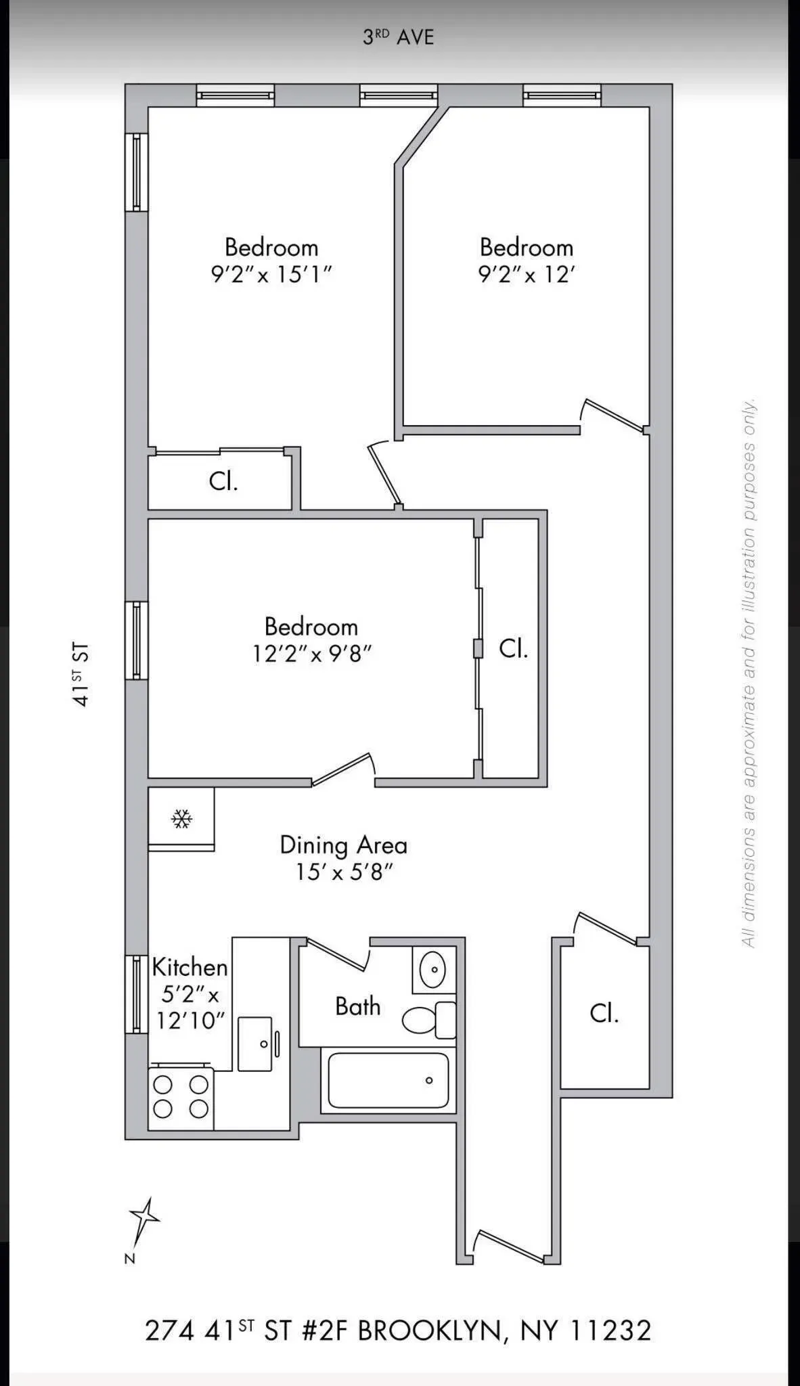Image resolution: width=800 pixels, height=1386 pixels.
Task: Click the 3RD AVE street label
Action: [398, 37]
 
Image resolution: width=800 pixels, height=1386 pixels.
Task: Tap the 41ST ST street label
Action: [81, 675]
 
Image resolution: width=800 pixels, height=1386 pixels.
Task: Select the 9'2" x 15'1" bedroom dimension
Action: [271, 275]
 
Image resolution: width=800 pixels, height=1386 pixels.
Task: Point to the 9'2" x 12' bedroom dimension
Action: [527, 275]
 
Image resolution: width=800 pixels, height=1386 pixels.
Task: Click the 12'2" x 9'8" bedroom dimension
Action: [312, 654]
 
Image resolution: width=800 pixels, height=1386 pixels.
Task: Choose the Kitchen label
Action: [190, 967]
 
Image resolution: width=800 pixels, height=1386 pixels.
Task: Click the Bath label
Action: [357, 1006]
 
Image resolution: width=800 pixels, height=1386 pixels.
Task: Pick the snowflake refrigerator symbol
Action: [181, 820]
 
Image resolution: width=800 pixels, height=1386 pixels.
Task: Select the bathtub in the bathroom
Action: [388, 1079]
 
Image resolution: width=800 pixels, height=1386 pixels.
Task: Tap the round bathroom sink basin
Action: [433, 970]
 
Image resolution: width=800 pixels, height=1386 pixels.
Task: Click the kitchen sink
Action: [255, 1044]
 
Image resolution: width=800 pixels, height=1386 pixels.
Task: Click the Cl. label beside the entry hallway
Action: [604, 1013]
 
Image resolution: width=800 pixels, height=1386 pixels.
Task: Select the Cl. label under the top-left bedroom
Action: [223, 481]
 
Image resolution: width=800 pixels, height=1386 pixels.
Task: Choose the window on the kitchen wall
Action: [137, 994]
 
